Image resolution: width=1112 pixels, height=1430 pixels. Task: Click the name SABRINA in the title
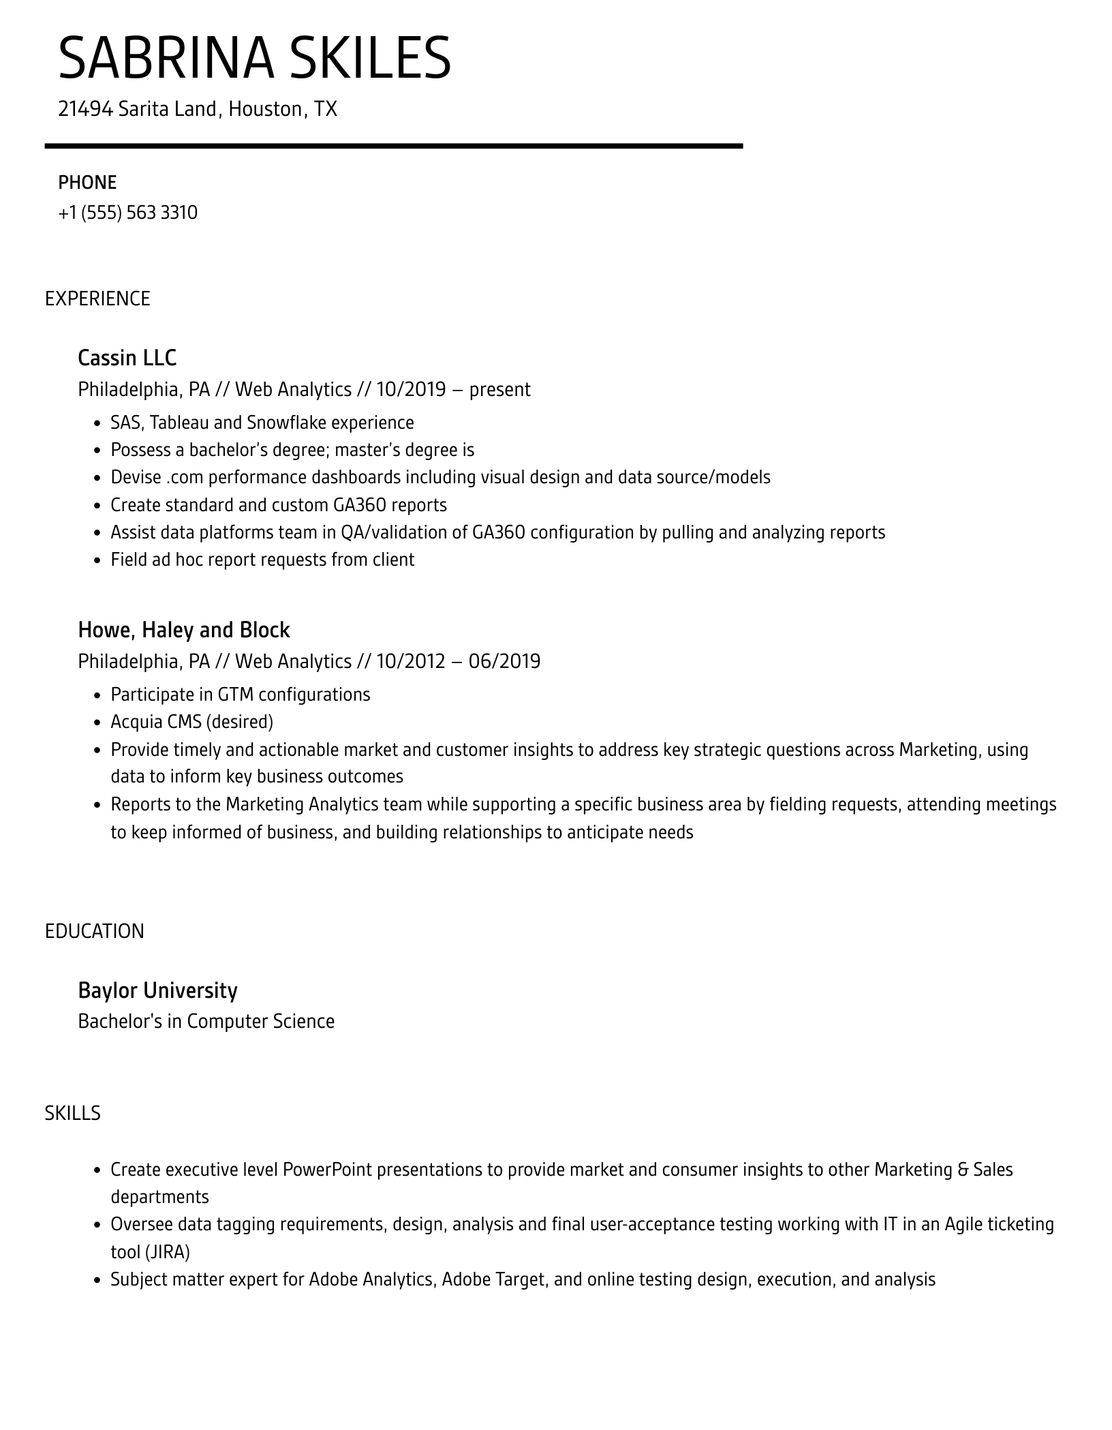click(x=166, y=59)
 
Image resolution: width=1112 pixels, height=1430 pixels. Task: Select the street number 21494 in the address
click(x=85, y=109)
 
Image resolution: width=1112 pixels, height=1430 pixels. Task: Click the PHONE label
click(x=87, y=183)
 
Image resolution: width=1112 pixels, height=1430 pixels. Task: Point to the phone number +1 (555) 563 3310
click(x=128, y=213)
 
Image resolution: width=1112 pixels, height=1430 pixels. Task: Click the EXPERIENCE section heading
click(x=97, y=299)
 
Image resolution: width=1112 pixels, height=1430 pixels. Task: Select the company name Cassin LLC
click(x=127, y=358)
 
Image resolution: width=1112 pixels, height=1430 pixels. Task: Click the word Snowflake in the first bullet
click(x=286, y=423)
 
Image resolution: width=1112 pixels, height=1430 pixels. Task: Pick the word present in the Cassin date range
click(x=499, y=389)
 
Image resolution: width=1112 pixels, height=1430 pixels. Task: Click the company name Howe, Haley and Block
click(x=184, y=630)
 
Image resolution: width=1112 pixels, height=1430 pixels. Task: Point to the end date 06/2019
click(x=504, y=661)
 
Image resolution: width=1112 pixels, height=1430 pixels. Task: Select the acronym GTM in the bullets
click(x=236, y=695)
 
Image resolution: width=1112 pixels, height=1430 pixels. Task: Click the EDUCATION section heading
click(x=95, y=931)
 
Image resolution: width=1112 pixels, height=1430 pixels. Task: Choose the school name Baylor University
click(x=157, y=990)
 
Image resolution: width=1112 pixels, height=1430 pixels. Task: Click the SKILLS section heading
click(x=73, y=1113)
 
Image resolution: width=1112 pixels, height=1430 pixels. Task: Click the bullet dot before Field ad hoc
click(x=97, y=560)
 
